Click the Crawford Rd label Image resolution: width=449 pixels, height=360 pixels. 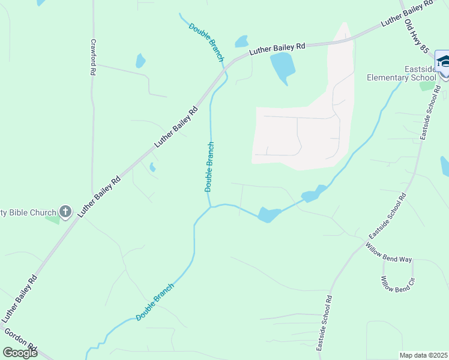tap(93, 58)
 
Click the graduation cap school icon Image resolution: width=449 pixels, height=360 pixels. tap(444, 62)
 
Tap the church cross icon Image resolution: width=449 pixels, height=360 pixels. tap(65, 212)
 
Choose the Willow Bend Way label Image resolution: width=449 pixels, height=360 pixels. tap(388, 252)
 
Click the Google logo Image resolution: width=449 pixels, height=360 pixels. tap(20, 353)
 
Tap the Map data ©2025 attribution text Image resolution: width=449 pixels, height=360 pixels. tap(423, 355)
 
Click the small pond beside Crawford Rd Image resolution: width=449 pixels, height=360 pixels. tap(140, 61)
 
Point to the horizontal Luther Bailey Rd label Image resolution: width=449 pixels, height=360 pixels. tap(277, 48)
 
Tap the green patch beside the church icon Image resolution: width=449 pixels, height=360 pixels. tap(52, 220)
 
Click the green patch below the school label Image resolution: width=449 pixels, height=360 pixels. tap(427, 86)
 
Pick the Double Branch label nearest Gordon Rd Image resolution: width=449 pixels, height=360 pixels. tap(154, 302)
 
